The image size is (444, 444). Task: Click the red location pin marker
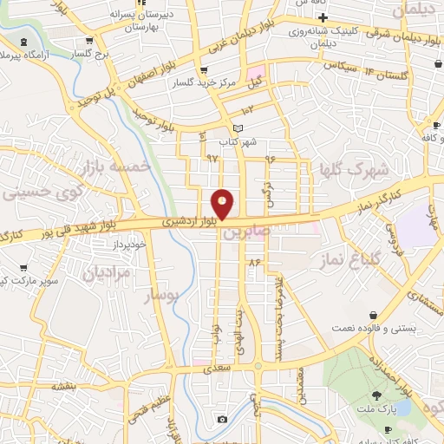[223, 204]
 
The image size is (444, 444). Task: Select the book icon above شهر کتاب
[238, 128]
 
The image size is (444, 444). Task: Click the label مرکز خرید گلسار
[204, 82]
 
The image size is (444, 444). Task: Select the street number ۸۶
[254, 261]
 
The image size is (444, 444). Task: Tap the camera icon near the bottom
[223, 420]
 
